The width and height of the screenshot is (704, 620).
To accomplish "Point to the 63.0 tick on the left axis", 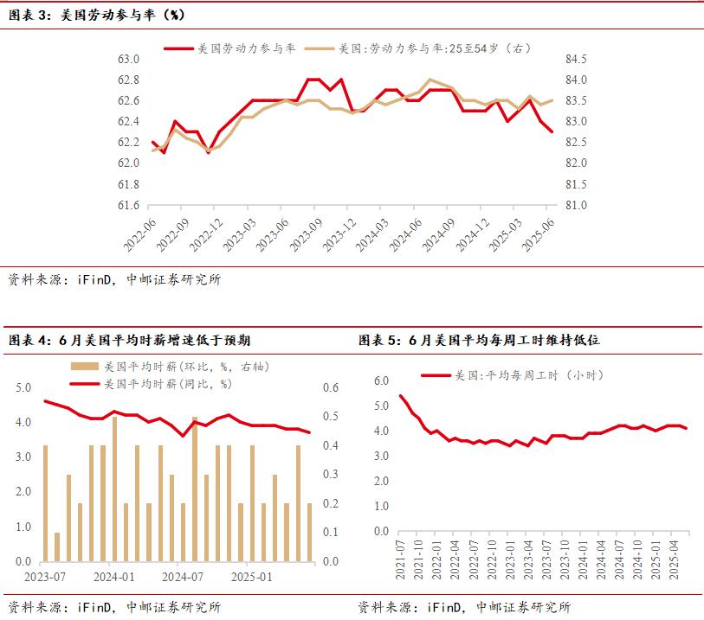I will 129,60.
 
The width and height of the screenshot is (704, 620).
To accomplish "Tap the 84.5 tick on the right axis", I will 577,60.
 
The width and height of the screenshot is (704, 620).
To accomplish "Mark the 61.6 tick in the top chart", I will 129,206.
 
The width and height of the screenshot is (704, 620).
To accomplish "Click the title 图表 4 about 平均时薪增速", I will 130,340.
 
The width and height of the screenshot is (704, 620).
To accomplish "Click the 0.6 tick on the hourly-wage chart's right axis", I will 331,388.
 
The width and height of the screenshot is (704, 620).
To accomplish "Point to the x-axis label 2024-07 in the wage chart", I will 182,576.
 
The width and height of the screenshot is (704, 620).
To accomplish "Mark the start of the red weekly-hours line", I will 400,396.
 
